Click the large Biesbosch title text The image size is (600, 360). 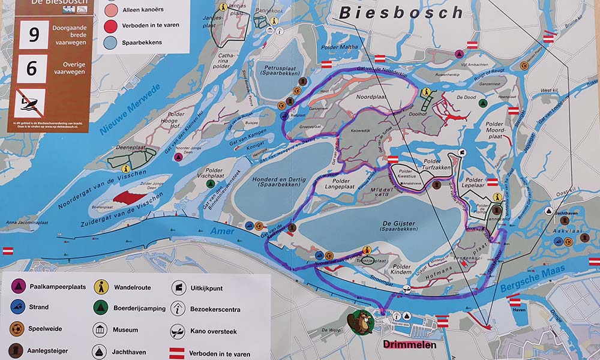(x=401, y=12)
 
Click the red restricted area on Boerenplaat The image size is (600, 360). (x=130, y=197)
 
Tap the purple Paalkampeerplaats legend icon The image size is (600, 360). (x=19, y=287)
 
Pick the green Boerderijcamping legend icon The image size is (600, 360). (x=100, y=308)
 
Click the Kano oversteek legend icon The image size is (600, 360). (x=178, y=330)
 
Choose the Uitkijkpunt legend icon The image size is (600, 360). (x=178, y=288)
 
